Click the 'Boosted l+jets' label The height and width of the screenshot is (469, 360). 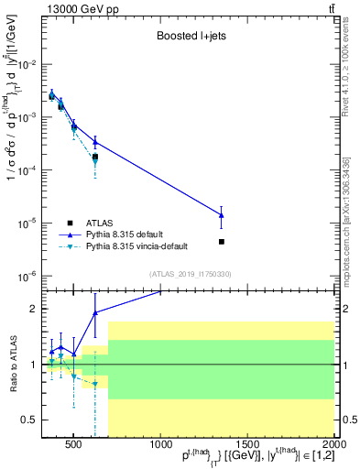(192, 37)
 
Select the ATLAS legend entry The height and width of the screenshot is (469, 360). (100, 223)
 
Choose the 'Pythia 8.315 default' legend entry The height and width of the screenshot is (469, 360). (128, 234)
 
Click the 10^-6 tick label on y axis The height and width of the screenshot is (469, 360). (27, 276)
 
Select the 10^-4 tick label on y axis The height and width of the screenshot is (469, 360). (27, 170)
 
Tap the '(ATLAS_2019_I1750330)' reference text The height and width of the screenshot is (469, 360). (191, 274)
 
